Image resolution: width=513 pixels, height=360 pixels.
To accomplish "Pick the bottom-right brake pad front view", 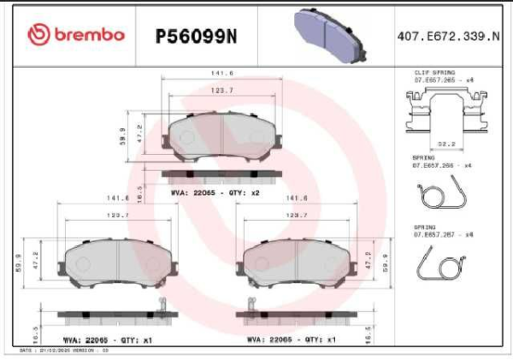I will coord(297,261).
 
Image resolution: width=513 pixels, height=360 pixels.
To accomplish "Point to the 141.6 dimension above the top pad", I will coord(223,74).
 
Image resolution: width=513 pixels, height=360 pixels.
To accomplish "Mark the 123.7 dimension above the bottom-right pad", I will coord(296,215).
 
